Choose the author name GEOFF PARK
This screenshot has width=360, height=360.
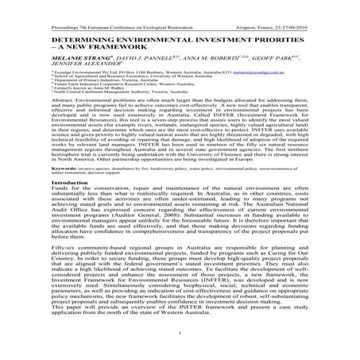coord(270,59)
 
